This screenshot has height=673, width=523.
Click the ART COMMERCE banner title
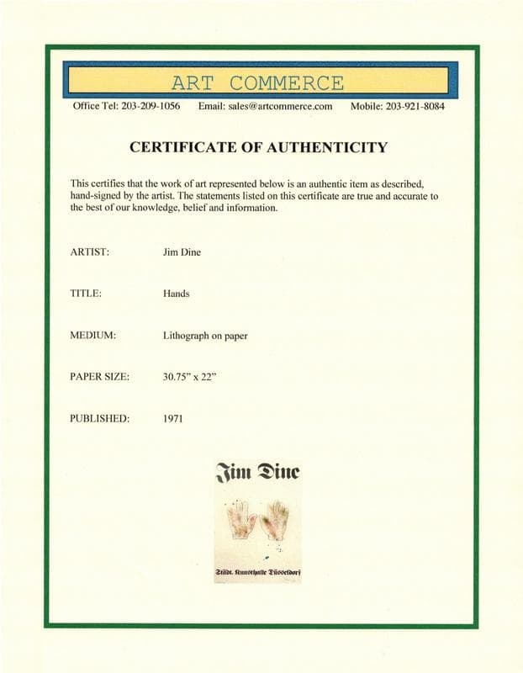click(257, 83)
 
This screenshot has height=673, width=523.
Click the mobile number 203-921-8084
click(415, 107)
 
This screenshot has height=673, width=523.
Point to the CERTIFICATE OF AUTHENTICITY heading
click(258, 147)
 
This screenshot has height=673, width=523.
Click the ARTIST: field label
click(90, 252)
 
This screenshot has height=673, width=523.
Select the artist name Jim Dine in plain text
click(182, 252)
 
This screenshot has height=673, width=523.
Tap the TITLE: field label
click(87, 294)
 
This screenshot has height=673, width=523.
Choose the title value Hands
click(177, 294)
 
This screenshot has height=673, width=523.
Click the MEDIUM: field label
click(92, 336)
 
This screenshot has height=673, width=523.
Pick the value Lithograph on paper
click(205, 336)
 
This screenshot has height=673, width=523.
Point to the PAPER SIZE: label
click(99, 377)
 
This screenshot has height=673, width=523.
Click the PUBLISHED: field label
click(99, 418)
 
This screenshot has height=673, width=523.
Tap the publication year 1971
click(173, 418)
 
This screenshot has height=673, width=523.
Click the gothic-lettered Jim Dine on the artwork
click(258, 472)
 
